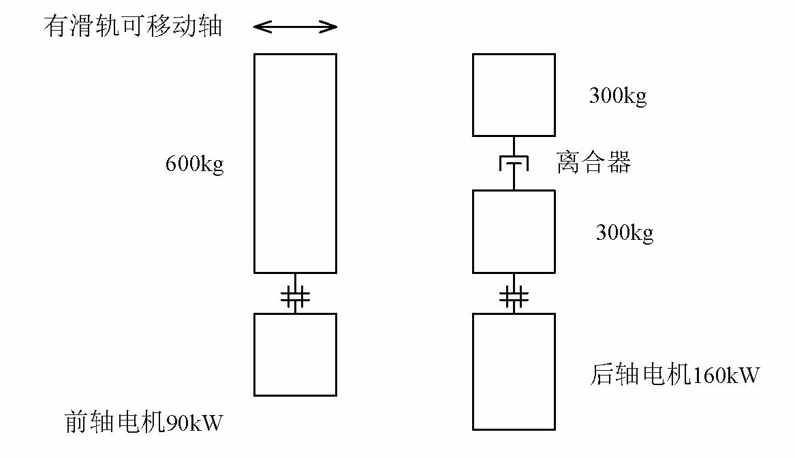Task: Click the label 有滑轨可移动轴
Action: pyautogui.click(x=134, y=27)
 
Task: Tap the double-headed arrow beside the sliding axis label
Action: pyautogui.click(x=295, y=27)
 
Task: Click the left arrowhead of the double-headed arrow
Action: pyautogui.click(x=260, y=27)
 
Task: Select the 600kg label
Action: pyautogui.click(x=195, y=165)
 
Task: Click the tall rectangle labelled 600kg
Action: pyautogui.click(x=295, y=164)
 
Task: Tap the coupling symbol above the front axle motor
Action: pyautogui.click(x=295, y=296)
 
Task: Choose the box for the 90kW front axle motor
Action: pyautogui.click(x=295, y=354)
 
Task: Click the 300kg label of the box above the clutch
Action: pyautogui.click(x=618, y=96)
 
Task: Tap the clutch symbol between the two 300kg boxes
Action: pyautogui.click(x=514, y=164)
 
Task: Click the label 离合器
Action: pyautogui.click(x=594, y=164)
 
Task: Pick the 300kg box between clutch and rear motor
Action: pyautogui.click(x=514, y=232)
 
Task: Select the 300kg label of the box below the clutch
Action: pyautogui.click(x=625, y=233)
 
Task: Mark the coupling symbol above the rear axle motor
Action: pyautogui.click(x=514, y=296)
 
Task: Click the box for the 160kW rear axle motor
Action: pyautogui.click(x=514, y=371)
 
